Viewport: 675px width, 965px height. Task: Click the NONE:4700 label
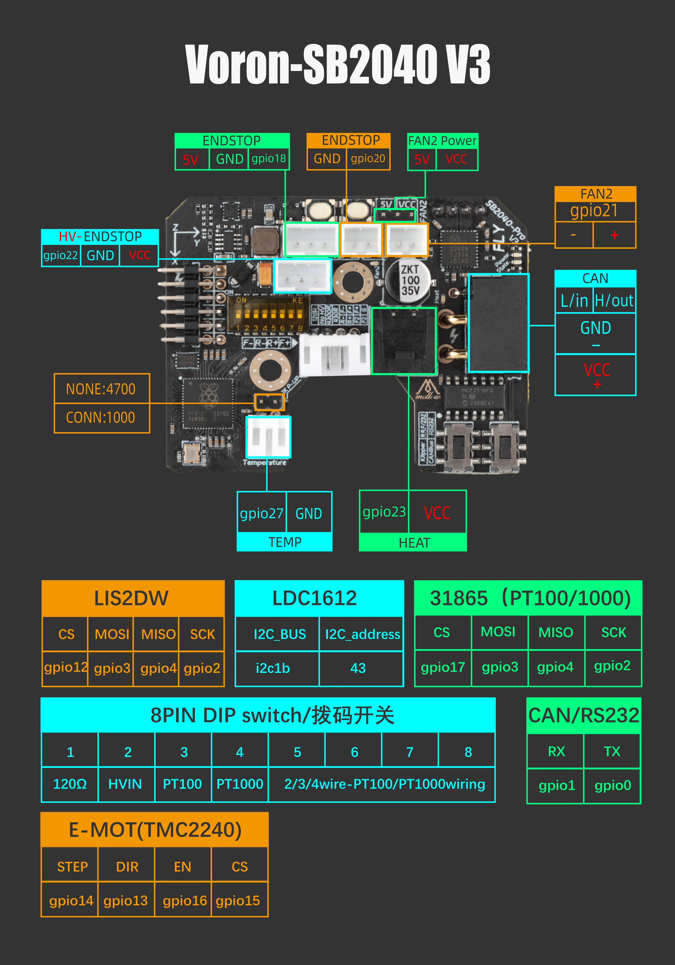point(101,389)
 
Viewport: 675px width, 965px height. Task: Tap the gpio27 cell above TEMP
point(261,513)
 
